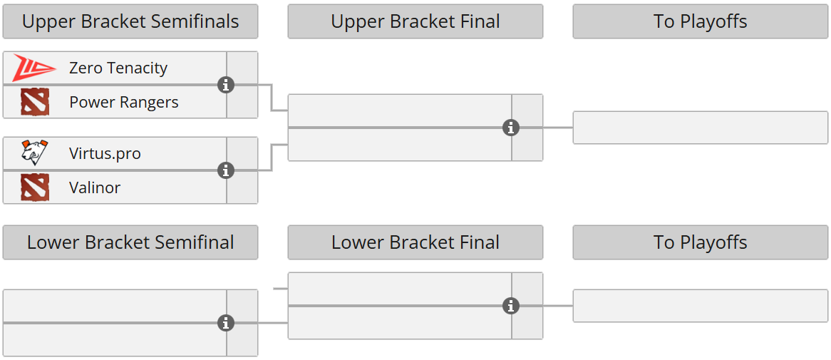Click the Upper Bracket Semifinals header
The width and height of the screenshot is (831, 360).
[130, 22]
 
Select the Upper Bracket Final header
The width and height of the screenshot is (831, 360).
[415, 22]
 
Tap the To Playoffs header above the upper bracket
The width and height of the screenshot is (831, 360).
[700, 22]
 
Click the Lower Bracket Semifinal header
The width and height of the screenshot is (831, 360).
[130, 242]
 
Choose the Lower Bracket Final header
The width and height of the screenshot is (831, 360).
[415, 242]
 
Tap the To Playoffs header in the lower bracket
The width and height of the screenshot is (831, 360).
[700, 242]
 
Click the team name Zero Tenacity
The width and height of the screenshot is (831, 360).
[118, 68]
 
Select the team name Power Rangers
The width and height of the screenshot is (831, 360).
[124, 103]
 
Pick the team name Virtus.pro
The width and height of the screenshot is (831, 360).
[105, 153]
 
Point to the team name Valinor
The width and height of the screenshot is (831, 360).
[95, 188]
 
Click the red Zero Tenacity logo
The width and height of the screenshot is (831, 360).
[33, 68]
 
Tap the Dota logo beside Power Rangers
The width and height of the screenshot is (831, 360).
[34, 103]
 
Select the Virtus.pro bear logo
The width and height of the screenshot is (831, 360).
[34, 153]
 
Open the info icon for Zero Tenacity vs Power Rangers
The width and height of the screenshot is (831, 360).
[226, 86]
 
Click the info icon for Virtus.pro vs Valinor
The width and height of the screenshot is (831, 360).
[226, 171]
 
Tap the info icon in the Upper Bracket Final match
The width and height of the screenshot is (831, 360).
[511, 128]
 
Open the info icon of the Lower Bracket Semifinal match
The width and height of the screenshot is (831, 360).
[226, 324]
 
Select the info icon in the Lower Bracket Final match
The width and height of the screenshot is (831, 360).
[511, 307]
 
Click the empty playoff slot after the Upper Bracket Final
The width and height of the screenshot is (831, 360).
[700, 128]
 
